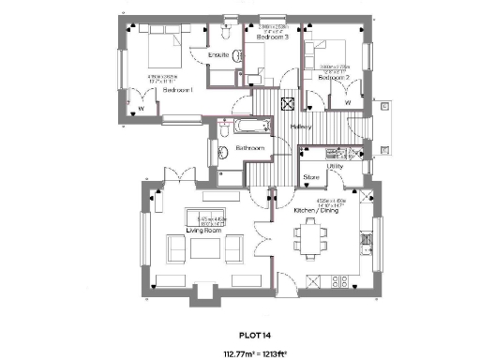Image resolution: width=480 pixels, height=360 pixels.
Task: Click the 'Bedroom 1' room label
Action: [178, 91]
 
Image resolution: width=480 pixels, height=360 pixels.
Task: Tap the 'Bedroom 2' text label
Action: [333, 79]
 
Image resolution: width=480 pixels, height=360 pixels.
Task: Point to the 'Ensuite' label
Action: [217, 55]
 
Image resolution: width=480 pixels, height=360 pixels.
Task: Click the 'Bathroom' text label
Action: [249, 148]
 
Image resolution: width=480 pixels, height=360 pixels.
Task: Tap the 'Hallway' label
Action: [302, 127]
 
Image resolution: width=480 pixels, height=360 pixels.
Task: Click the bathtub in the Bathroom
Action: [245, 127]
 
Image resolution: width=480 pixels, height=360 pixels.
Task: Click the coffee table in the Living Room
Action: [205, 247]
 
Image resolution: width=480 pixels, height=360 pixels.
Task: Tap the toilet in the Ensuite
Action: [225, 32]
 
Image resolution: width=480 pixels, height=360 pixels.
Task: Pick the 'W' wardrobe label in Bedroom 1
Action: [141, 107]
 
